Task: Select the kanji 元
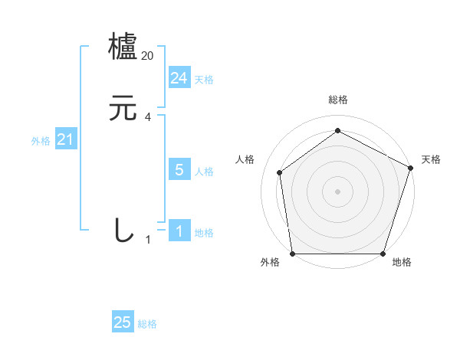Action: (123, 109)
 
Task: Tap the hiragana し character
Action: (123, 231)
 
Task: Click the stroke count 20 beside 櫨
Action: (148, 56)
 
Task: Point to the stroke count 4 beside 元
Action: (148, 117)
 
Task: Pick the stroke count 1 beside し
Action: (148, 240)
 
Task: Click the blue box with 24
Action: (179, 78)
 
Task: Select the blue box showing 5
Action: (179, 170)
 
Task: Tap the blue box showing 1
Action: (179, 231)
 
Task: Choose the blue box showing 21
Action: (66, 139)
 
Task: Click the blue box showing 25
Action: (123, 322)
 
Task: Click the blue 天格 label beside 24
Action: (204, 80)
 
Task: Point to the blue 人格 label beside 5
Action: (204, 172)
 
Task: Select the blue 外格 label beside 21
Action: (41, 141)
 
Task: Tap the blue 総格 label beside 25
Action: (147, 324)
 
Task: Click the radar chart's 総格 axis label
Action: (338, 100)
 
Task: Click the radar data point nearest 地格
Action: (383, 254)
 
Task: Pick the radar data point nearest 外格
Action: (293, 254)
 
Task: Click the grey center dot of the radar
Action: (338, 191)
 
